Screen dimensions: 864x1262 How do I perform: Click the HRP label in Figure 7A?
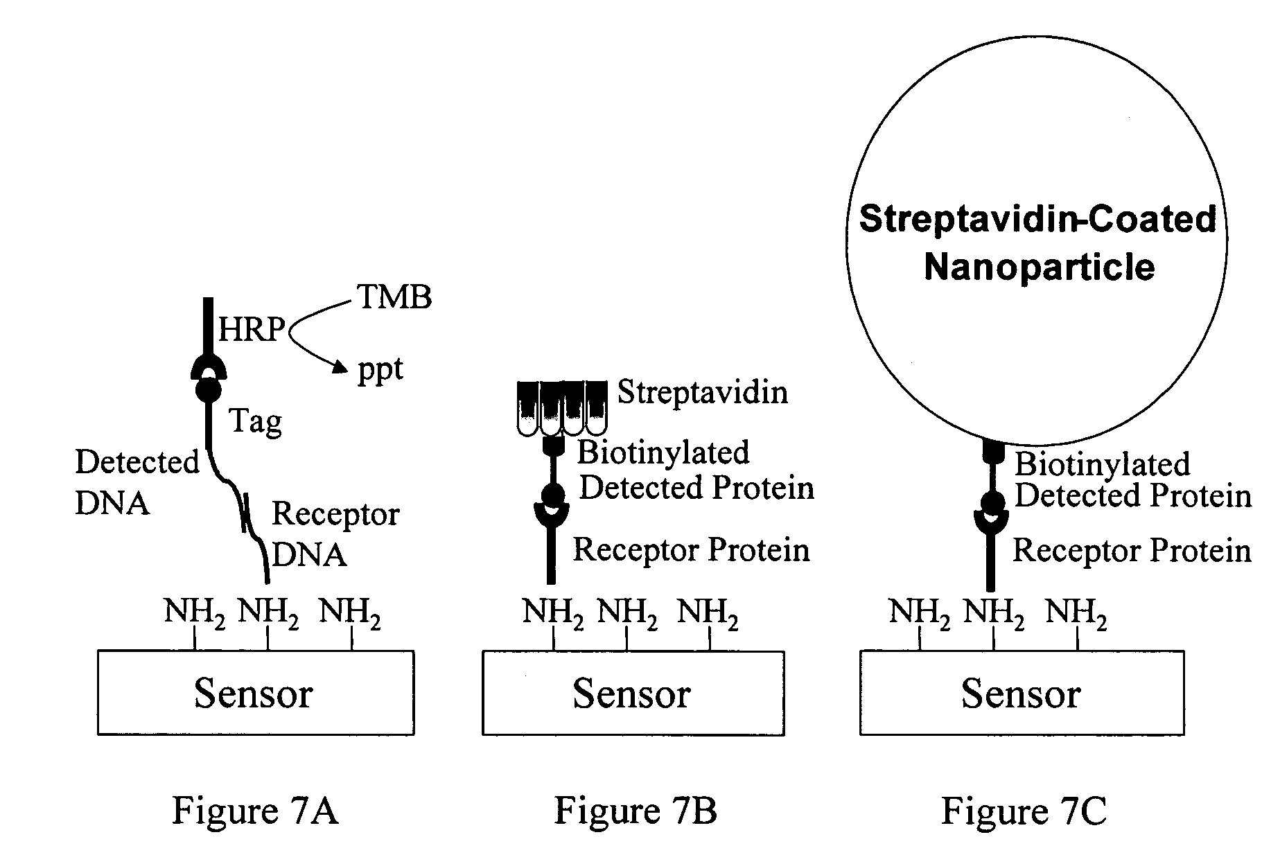pyautogui.click(x=252, y=330)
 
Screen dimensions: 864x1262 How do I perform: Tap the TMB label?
pyautogui.click(x=394, y=297)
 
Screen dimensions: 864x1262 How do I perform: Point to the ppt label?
pyautogui.click(x=380, y=370)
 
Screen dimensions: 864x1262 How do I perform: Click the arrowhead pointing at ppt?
pyautogui.click(x=339, y=367)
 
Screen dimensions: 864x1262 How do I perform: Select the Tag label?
pyautogui.click(x=256, y=421)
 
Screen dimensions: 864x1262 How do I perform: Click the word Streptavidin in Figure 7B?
pyautogui.click(x=702, y=392)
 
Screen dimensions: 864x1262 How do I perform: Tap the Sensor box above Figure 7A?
pyautogui.click(x=255, y=692)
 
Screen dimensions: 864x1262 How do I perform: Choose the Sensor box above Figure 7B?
pyautogui.click(x=633, y=693)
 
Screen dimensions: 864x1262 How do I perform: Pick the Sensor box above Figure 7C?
pyautogui.click(x=1022, y=693)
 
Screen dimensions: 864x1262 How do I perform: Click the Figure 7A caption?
pyautogui.click(x=255, y=810)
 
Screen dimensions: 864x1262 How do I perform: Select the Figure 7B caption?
pyautogui.click(x=635, y=810)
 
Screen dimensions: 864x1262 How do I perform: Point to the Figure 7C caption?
pyautogui.click(x=1024, y=811)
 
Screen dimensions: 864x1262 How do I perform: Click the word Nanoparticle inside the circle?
pyautogui.click(x=1040, y=267)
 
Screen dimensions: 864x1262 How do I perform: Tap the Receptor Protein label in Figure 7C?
pyautogui.click(x=1132, y=550)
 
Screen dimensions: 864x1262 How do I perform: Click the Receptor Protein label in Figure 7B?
pyautogui.click(x=691, y=549)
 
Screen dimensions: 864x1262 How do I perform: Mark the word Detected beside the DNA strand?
pyautogui.click(x=137, y=462)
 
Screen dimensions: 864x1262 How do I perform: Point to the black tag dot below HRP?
pyautogui.click(x=209, y=390)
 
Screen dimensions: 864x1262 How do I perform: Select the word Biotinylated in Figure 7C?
pyautogui.click(x=1102, y=464)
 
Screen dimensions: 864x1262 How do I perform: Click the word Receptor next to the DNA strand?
pyautogui.click(x=335, y=514)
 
